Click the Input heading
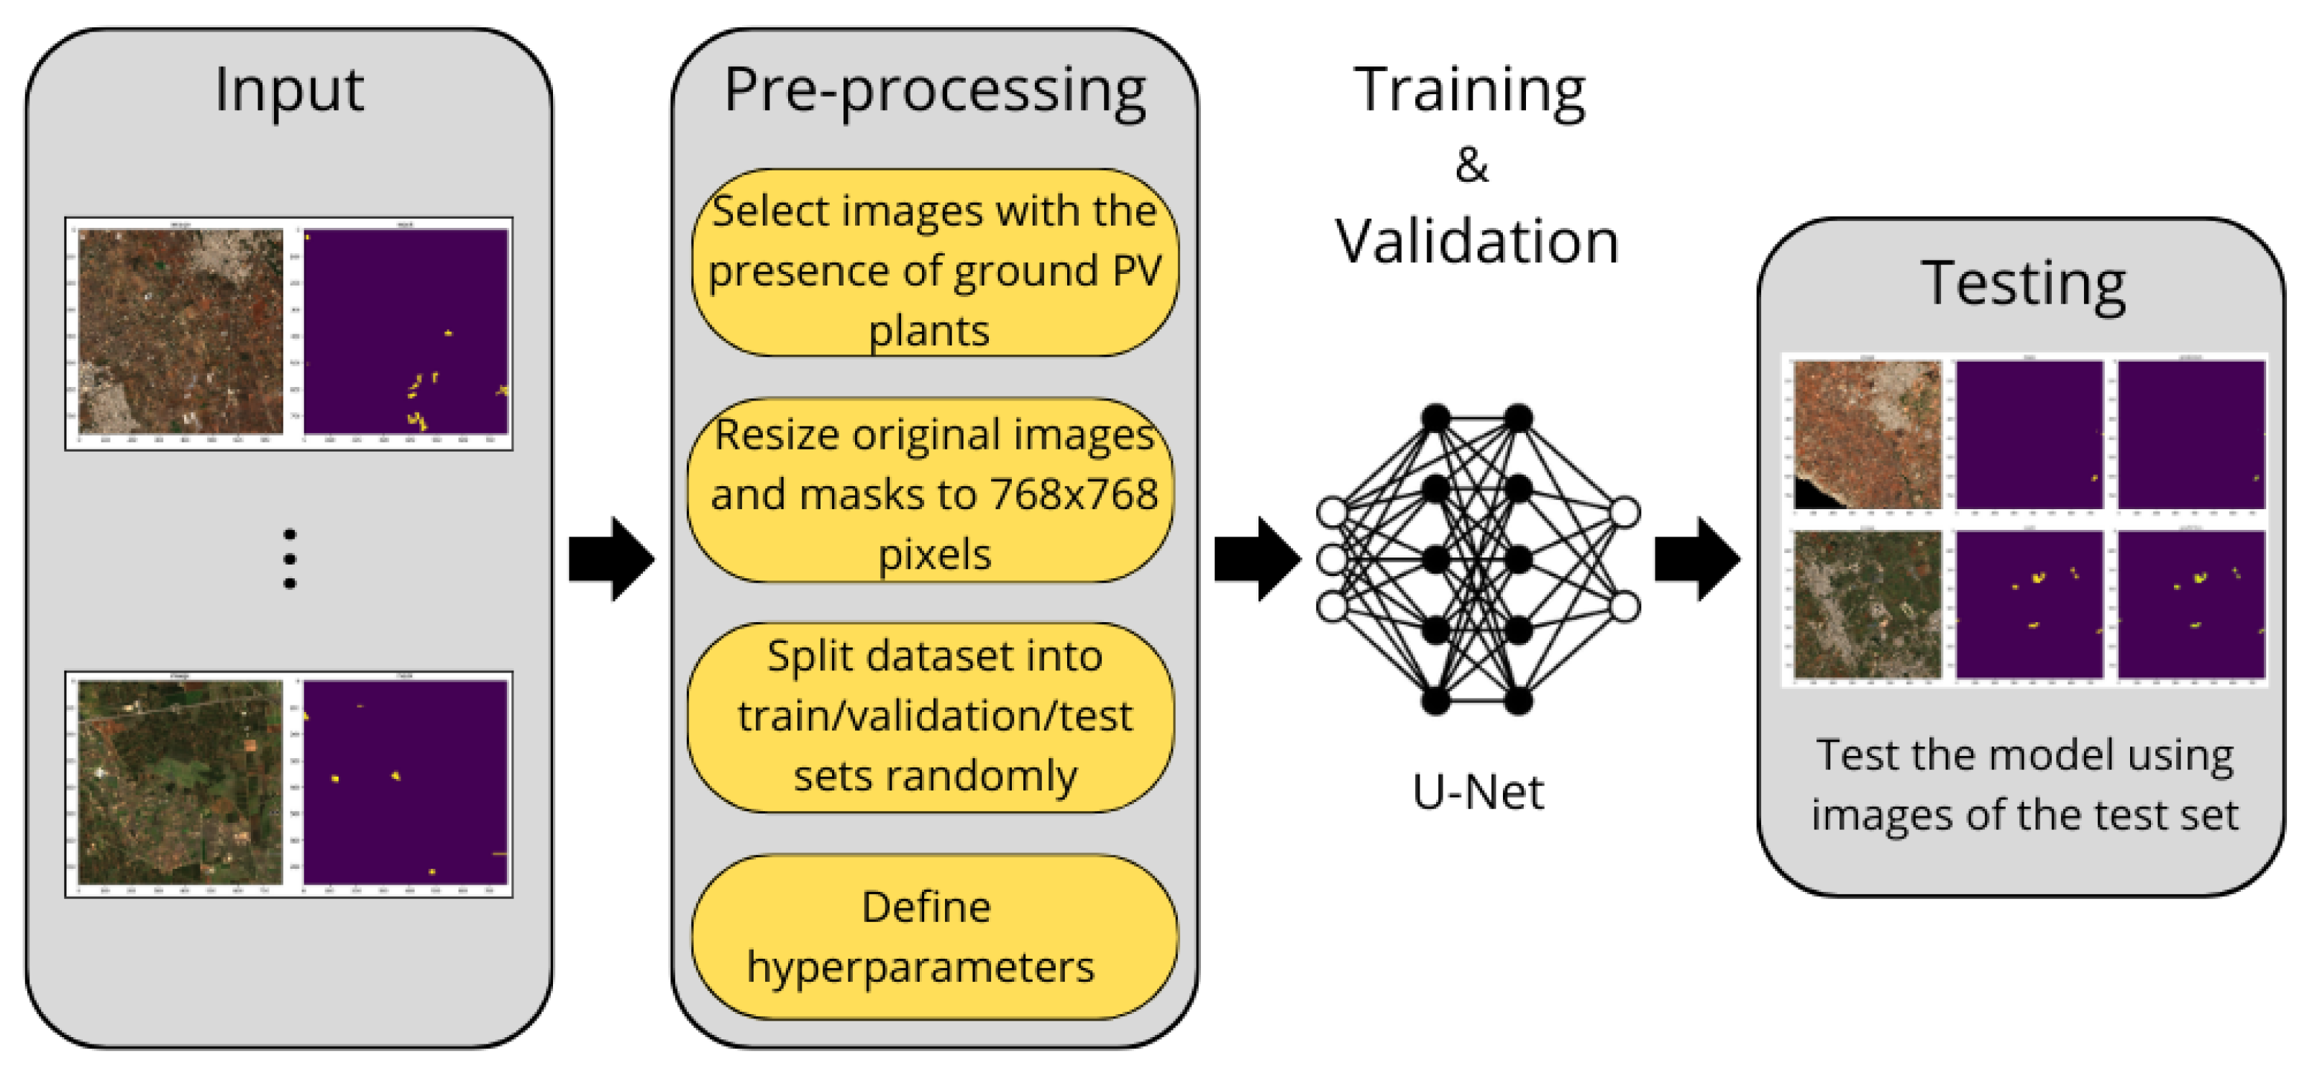pyautogui.click(x=288, y=90)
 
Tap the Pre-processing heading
pyautogui.click(x=934, y=91)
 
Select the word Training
pyautogui.click(x=1469, y=91)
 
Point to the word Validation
pyautogui.click(x=1476, y=242)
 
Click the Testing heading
pyautogui.click(x=2023, y=283)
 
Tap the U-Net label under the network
pyautogui.click(x=1477, y=792)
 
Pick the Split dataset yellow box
pyautogui.click(x=931, y=716)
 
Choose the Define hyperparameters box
pyautogui.click(x=934, y=936)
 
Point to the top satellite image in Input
pyautogui.click(x=181, y=332)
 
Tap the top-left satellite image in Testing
pyautogui.click(x=1866, y=434)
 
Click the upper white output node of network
pyautogui.click(x=1625, y=513)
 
